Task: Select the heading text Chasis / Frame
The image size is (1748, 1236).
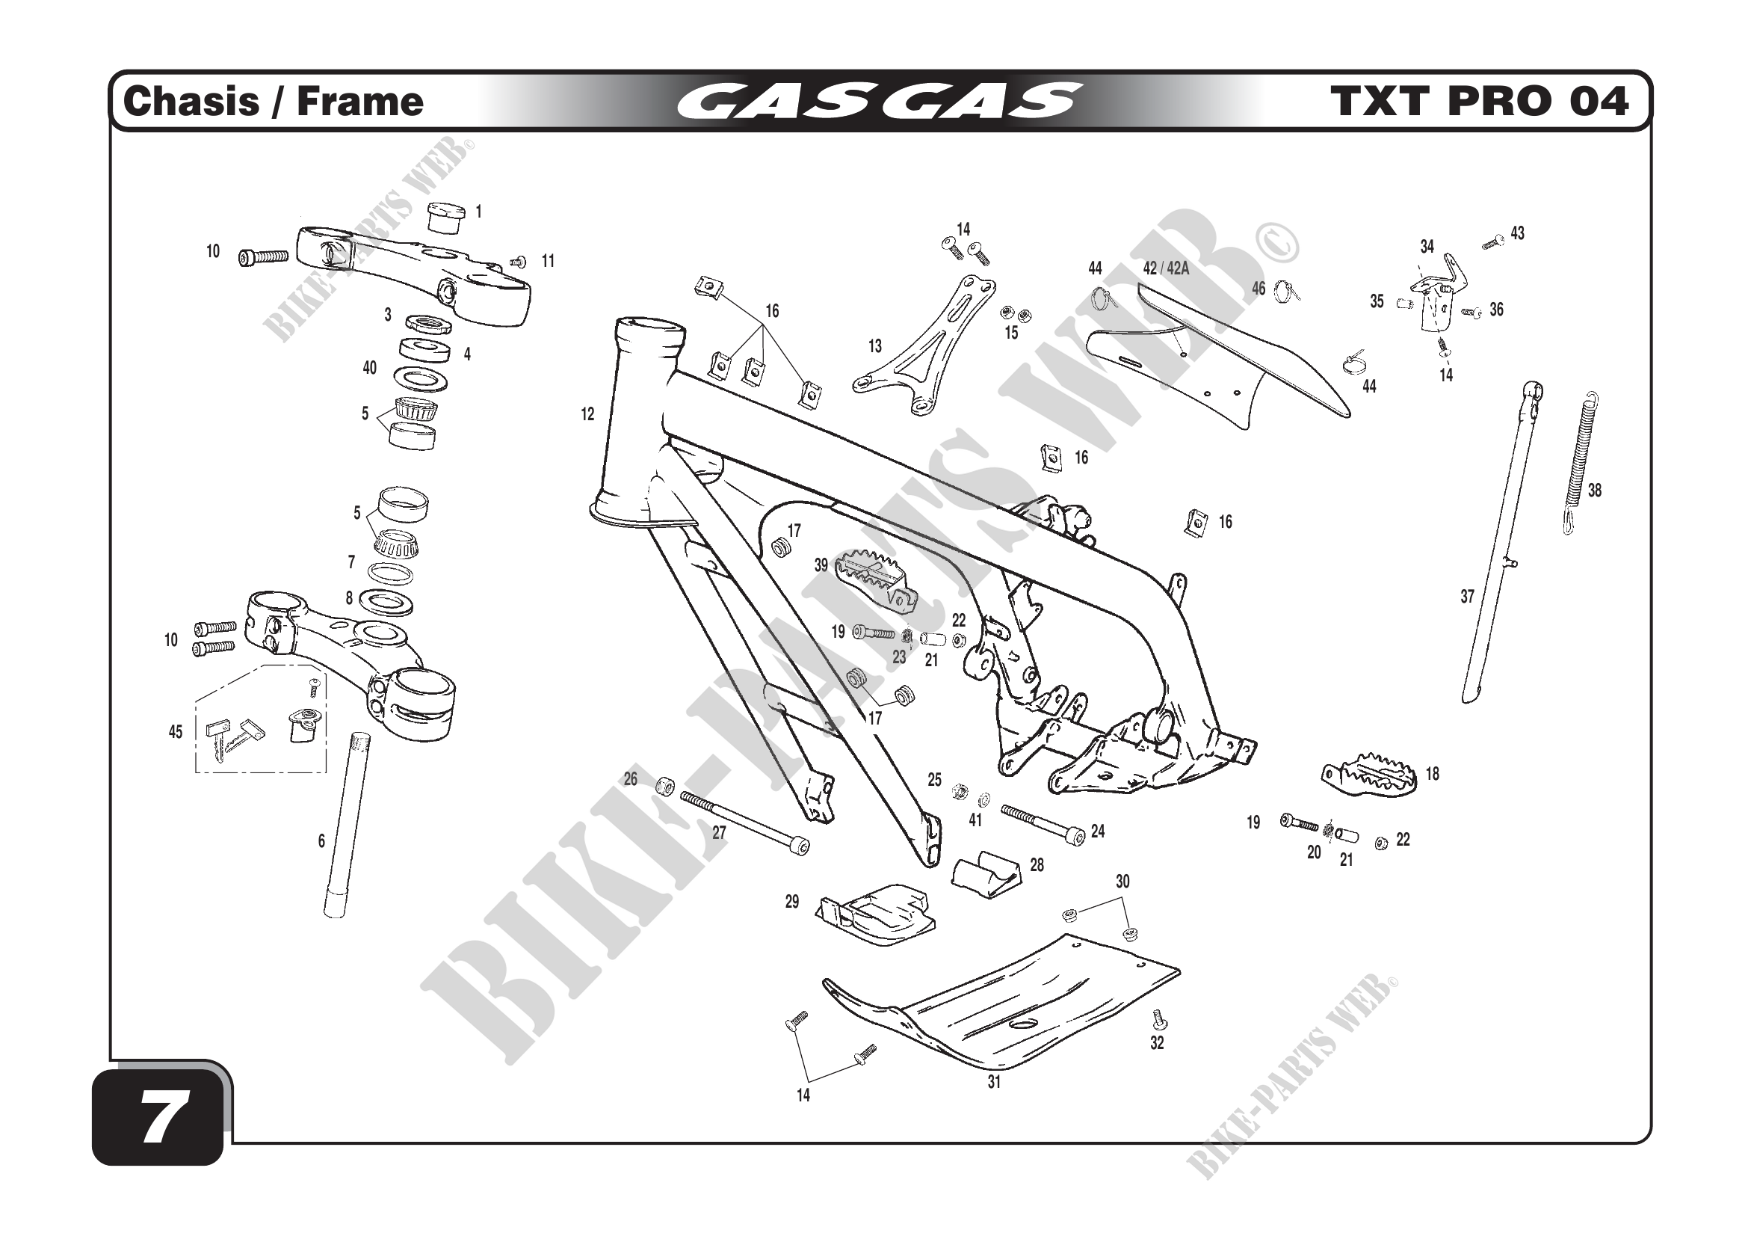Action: (273, 102)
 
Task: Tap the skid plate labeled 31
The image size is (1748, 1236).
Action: (1013, 1005)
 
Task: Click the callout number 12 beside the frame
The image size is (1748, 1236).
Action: (587, 414)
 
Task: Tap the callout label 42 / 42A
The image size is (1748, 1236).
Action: (1166, 268)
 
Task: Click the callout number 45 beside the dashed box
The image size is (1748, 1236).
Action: (175, 732)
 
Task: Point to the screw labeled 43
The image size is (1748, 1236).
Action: (1493, 242)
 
